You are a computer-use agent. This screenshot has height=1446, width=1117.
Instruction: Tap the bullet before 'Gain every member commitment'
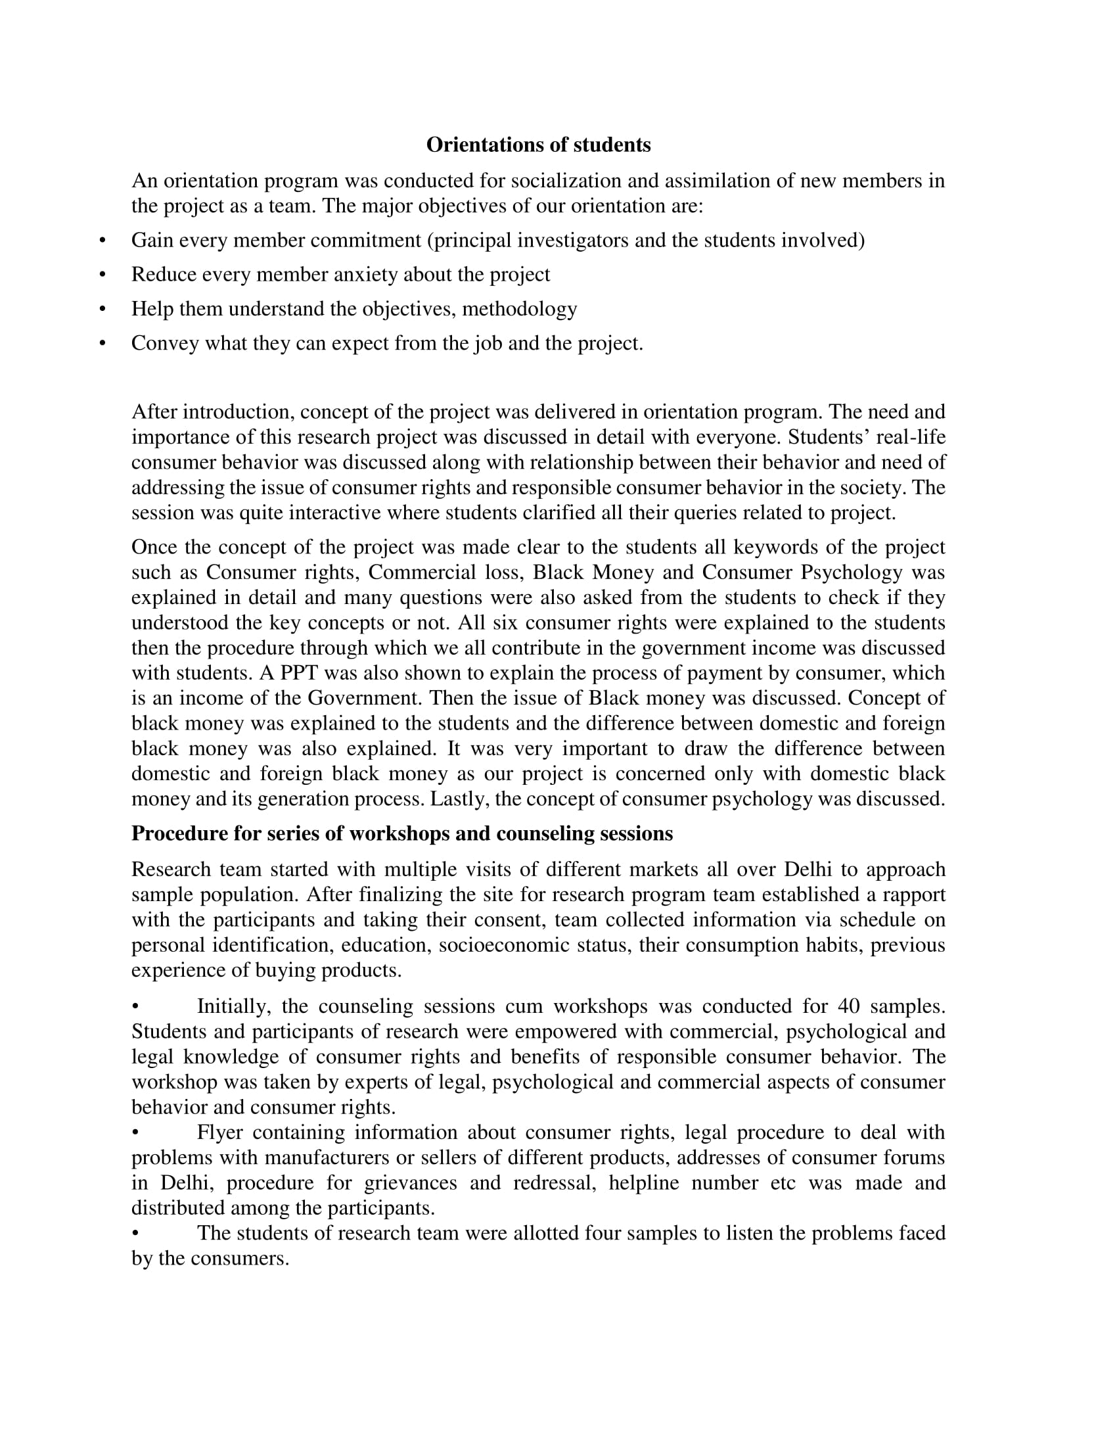click(102, 241)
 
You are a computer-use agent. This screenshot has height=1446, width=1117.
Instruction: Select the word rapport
click(910, 895)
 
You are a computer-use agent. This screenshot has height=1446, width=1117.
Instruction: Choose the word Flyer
click(219, 1132)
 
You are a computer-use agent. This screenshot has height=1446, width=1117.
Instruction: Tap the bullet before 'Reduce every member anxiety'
click(102, 275)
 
